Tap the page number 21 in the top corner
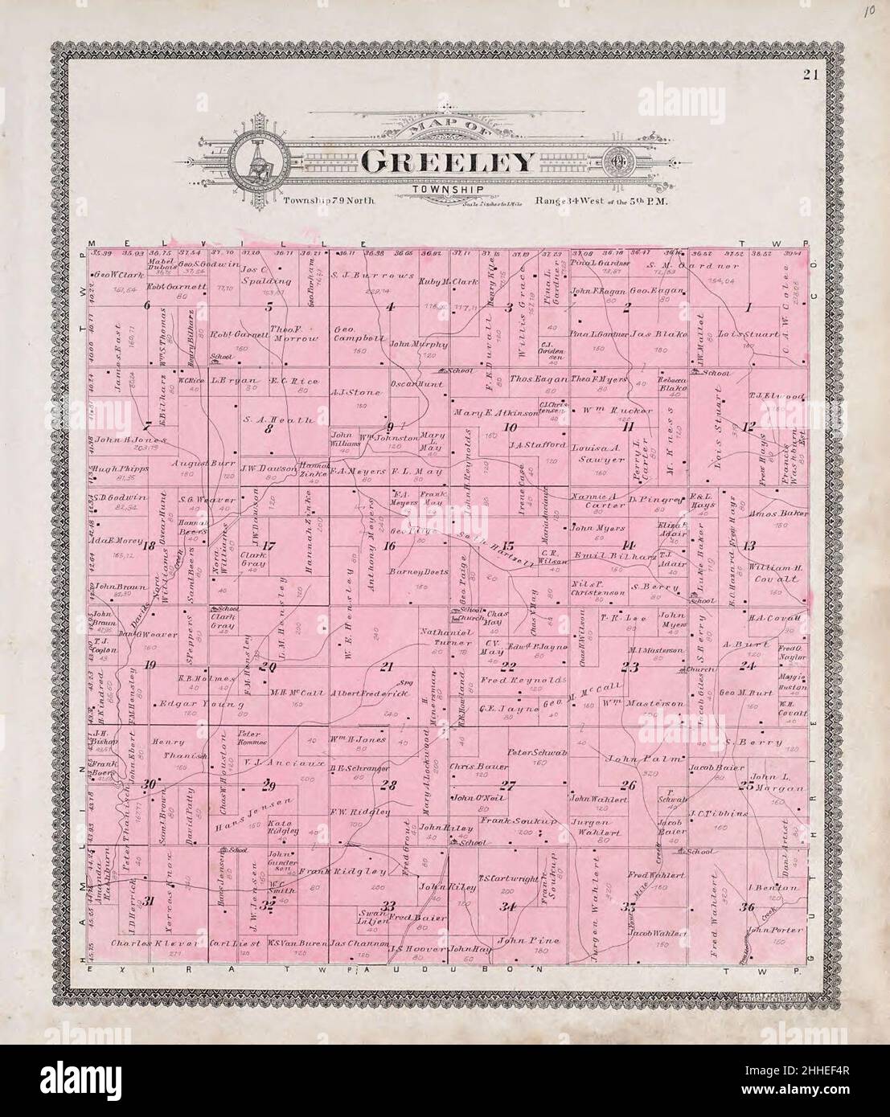coord(809,76)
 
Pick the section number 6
coord(147,305)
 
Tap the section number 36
coord(749,907)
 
